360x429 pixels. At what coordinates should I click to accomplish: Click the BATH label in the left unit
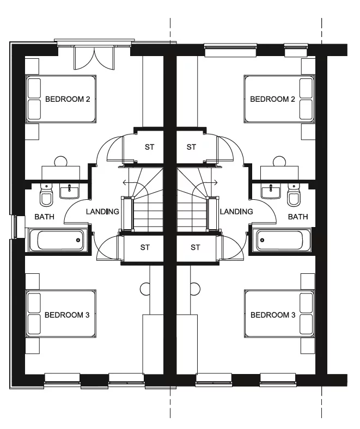pyautogui.click(x=45, y=217)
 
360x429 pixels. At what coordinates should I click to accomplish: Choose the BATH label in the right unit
pyautogui.click(x=298, y=217)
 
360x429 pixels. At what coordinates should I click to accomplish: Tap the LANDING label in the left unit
pyautogui.click(x=102, y=211)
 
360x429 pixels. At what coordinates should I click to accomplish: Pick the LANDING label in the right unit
pyautogui.click(x=236, y=211)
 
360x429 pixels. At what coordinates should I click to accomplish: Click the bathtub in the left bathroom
pyautogui.click(x=57, y=239)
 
